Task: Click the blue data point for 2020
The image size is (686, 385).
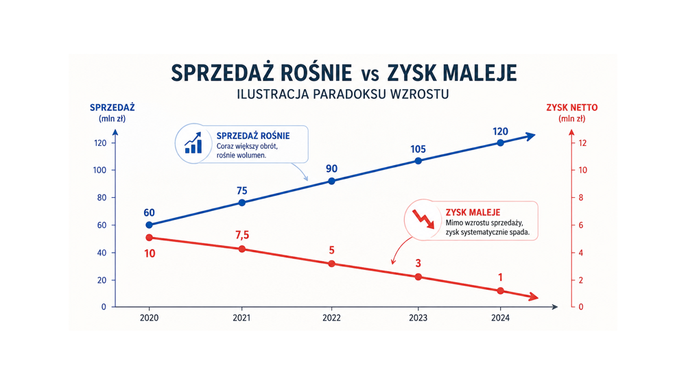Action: (x=149, y=225)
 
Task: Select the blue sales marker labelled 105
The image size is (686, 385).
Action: (x=418, y=161)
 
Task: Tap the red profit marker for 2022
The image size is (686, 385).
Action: (x=331, y=264)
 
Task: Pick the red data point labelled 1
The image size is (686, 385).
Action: (x=501, y=290)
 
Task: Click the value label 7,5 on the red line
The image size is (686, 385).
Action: (x=242, y=235)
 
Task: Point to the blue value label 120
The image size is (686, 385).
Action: (x=500, y=132)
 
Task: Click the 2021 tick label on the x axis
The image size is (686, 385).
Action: (x=241, y=318)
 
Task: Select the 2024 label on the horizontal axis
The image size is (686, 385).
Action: (x=500, y=318)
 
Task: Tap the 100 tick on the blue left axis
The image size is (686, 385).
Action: (x=99, y=170)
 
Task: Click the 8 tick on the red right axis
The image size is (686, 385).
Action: (x=581, y=197)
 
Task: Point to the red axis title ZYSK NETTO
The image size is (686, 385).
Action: (x=572, y=108)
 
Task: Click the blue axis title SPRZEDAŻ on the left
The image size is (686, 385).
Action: (x=113, y=108)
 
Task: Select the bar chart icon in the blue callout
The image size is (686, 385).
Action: (x=193, y=143)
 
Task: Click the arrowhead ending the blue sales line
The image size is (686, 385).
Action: (x=530, y=136)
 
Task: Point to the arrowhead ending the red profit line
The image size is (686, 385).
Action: (x=533, y=297)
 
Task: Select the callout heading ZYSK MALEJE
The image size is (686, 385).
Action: (x=473, y=212)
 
